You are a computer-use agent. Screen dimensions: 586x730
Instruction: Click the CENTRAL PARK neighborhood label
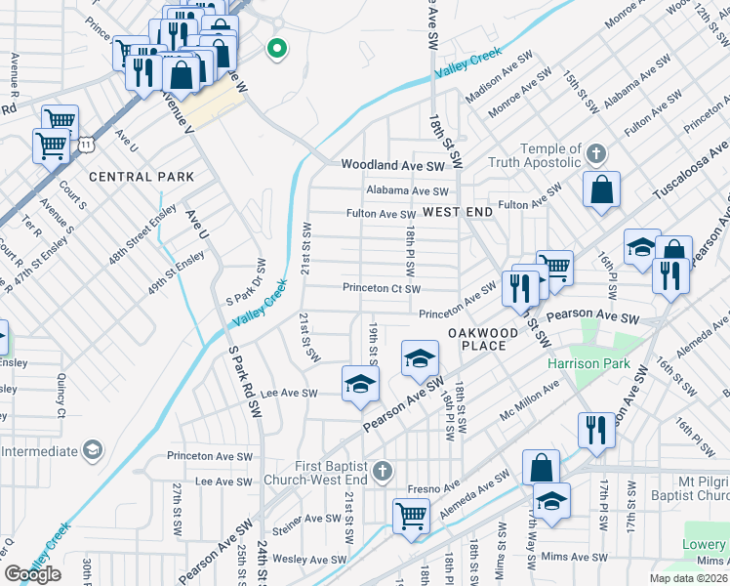pyautogui.click(x=142, y=177)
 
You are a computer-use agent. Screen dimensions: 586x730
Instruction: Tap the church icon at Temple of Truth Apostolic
pyautogui.click(x=597, y=153)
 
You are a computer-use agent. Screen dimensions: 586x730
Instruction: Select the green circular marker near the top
pyautogui.click(x=277, y=48)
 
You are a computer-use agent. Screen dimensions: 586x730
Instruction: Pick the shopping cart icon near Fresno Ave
pyautogui.click(x=411, y=515)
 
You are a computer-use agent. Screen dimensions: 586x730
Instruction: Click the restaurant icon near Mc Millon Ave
pyautogui.click(x=595, y=429)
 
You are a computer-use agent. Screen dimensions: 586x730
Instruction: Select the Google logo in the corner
pyautogui.click(x=33, y=574)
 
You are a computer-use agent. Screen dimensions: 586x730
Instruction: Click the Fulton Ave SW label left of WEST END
pyautogui.click(x=382, y=214)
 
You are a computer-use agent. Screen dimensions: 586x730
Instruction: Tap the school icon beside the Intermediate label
pyautogui.click(x=92, y=450)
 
